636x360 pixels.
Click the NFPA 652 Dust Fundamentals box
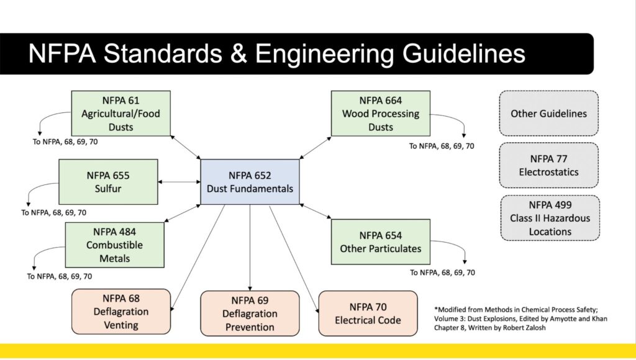250,182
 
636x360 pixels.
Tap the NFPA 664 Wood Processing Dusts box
380,113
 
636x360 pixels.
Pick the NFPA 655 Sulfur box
108,181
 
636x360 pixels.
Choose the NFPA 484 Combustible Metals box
114,245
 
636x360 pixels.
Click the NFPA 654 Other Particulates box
380,241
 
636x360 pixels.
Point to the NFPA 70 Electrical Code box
368,313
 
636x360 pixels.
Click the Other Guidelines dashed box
549,114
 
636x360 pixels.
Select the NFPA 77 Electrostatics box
549,165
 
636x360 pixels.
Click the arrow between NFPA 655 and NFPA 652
179,182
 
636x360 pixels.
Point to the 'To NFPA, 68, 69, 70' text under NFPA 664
442,146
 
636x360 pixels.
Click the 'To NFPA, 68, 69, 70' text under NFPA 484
60,276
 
